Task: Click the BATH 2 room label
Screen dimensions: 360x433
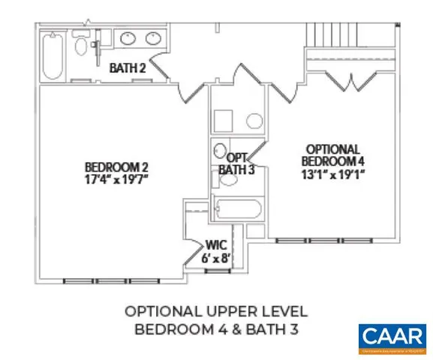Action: [x=127, y=68]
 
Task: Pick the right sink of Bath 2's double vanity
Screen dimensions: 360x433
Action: [x=152, y=39]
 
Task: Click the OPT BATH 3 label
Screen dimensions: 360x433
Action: [x=236, y=163]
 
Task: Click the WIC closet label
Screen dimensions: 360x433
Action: [x=216, y=244]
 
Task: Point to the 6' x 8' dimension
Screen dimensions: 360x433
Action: [x=216, y=258]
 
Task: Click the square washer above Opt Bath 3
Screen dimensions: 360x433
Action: [x=224, y=121]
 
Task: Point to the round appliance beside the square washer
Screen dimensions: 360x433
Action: [x=253, y=121]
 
